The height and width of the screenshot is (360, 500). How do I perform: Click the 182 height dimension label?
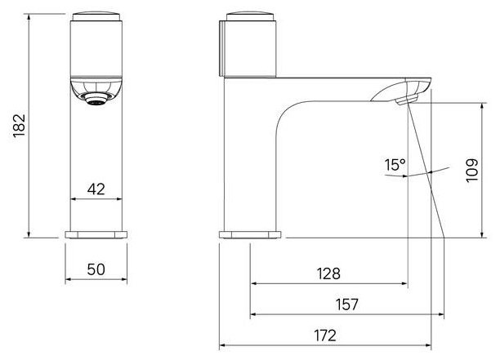pos(20,126)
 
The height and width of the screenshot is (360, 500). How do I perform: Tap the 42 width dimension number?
pos(96,189)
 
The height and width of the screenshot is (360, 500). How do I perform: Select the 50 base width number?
pos(96,269)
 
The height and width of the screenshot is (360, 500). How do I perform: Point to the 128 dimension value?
pos(328,273)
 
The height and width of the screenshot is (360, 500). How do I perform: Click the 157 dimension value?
pos(347,304)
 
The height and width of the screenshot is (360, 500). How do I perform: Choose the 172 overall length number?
pos(325,336)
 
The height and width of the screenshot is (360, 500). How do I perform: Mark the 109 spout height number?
pos(472,171)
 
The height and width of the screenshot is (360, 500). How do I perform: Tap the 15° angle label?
pos(395,165)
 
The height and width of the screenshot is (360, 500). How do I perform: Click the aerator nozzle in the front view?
pos(96,99)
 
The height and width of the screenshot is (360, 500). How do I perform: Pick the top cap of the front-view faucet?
pos(96,17)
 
